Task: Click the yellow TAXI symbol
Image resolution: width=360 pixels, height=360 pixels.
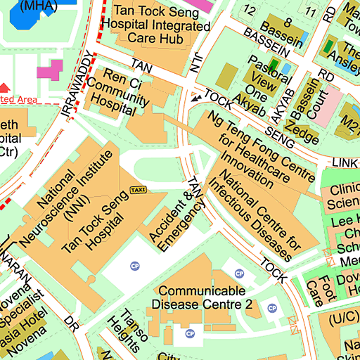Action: tap(138, 191)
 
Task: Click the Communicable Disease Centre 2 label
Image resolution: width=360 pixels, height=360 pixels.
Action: tap(202, 297)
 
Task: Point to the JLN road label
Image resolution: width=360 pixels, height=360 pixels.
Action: tap(198, 63)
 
